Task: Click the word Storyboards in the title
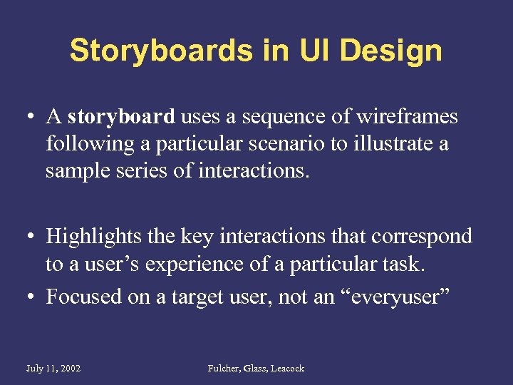click(x=160, y=51)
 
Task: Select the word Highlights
click(x=93, y=236)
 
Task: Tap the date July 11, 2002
click(x=53, y=368)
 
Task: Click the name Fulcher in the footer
click(x=225, y=368)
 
